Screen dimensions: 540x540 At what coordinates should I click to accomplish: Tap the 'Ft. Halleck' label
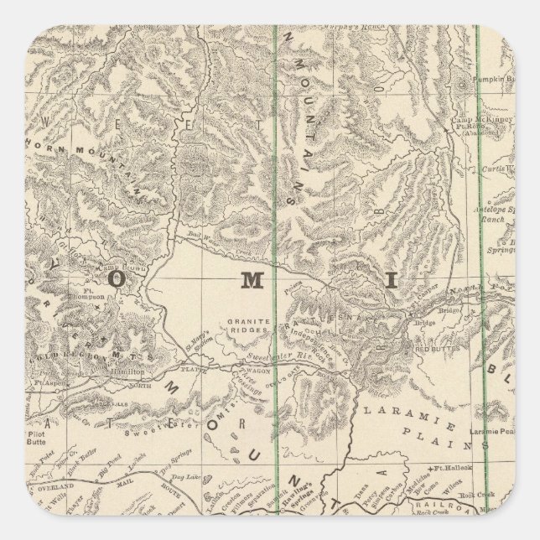[451, 465]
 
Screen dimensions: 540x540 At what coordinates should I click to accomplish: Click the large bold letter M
[252, 282]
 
